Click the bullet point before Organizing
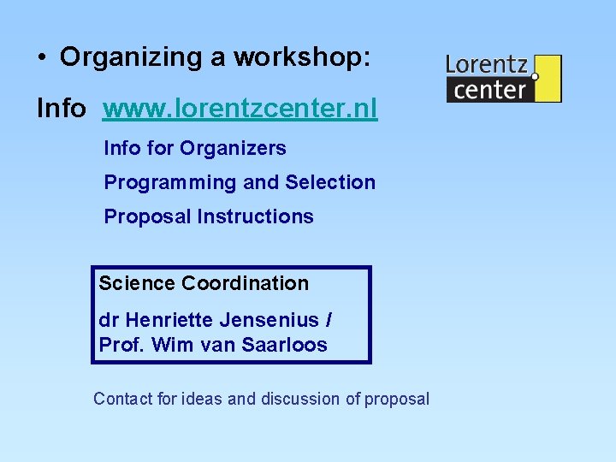tap(41, 57)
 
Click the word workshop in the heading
tap(303, 57)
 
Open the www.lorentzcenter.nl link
tap(240, 109)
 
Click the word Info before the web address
tap(61, 109)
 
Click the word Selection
tap(330, 183)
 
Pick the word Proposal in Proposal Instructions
tap(147, 217)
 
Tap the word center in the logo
tap(489, 89)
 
